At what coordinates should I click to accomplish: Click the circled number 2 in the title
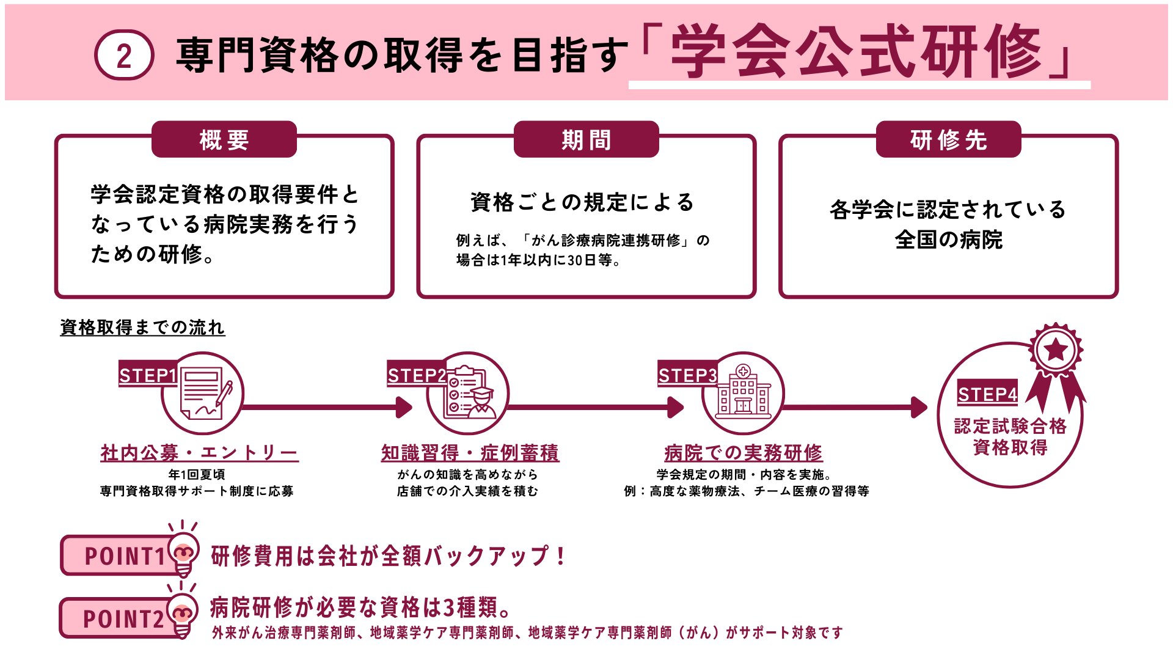124,56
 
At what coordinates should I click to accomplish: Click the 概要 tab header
224,140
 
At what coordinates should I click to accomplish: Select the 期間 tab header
586,140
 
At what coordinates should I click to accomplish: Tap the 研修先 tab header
948,140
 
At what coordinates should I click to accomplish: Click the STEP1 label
148,375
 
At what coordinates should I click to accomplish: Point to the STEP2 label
417,375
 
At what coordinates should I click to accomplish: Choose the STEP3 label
687,375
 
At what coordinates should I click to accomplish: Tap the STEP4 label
987,394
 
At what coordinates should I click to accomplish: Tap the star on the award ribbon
1056,350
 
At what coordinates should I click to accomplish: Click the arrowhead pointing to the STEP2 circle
404,407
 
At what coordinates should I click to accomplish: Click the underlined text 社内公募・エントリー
200,453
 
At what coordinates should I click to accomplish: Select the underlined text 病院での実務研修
743,453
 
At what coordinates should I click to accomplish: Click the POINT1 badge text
125,556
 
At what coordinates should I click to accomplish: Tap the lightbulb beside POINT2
183,615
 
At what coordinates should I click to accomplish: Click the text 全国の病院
948,240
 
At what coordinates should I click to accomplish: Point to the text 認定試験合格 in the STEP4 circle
1010,426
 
